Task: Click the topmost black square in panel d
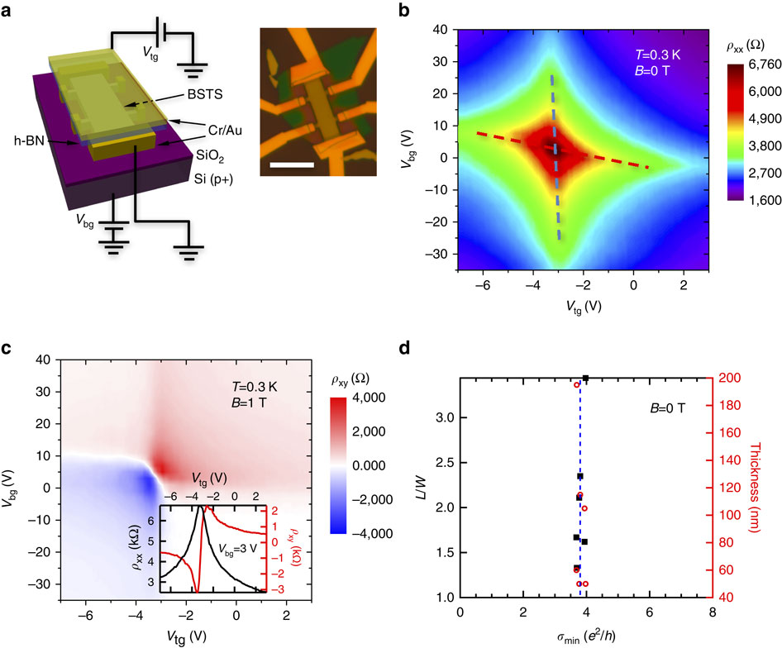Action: tap(585, 379)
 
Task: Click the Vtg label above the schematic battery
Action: tap(151, 51)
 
